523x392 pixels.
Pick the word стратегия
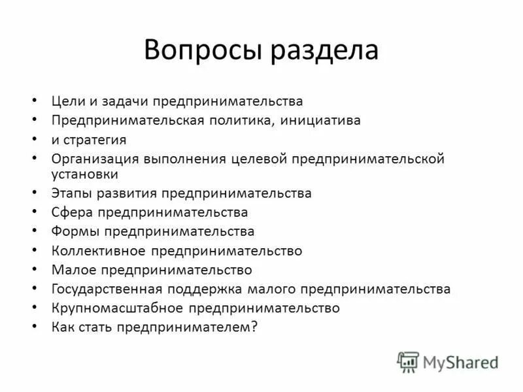[95, 140]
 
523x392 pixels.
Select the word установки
[84, 174]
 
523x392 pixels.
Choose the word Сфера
[71, 212]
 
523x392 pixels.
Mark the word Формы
[74, 231]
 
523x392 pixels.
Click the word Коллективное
[99, 250]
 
